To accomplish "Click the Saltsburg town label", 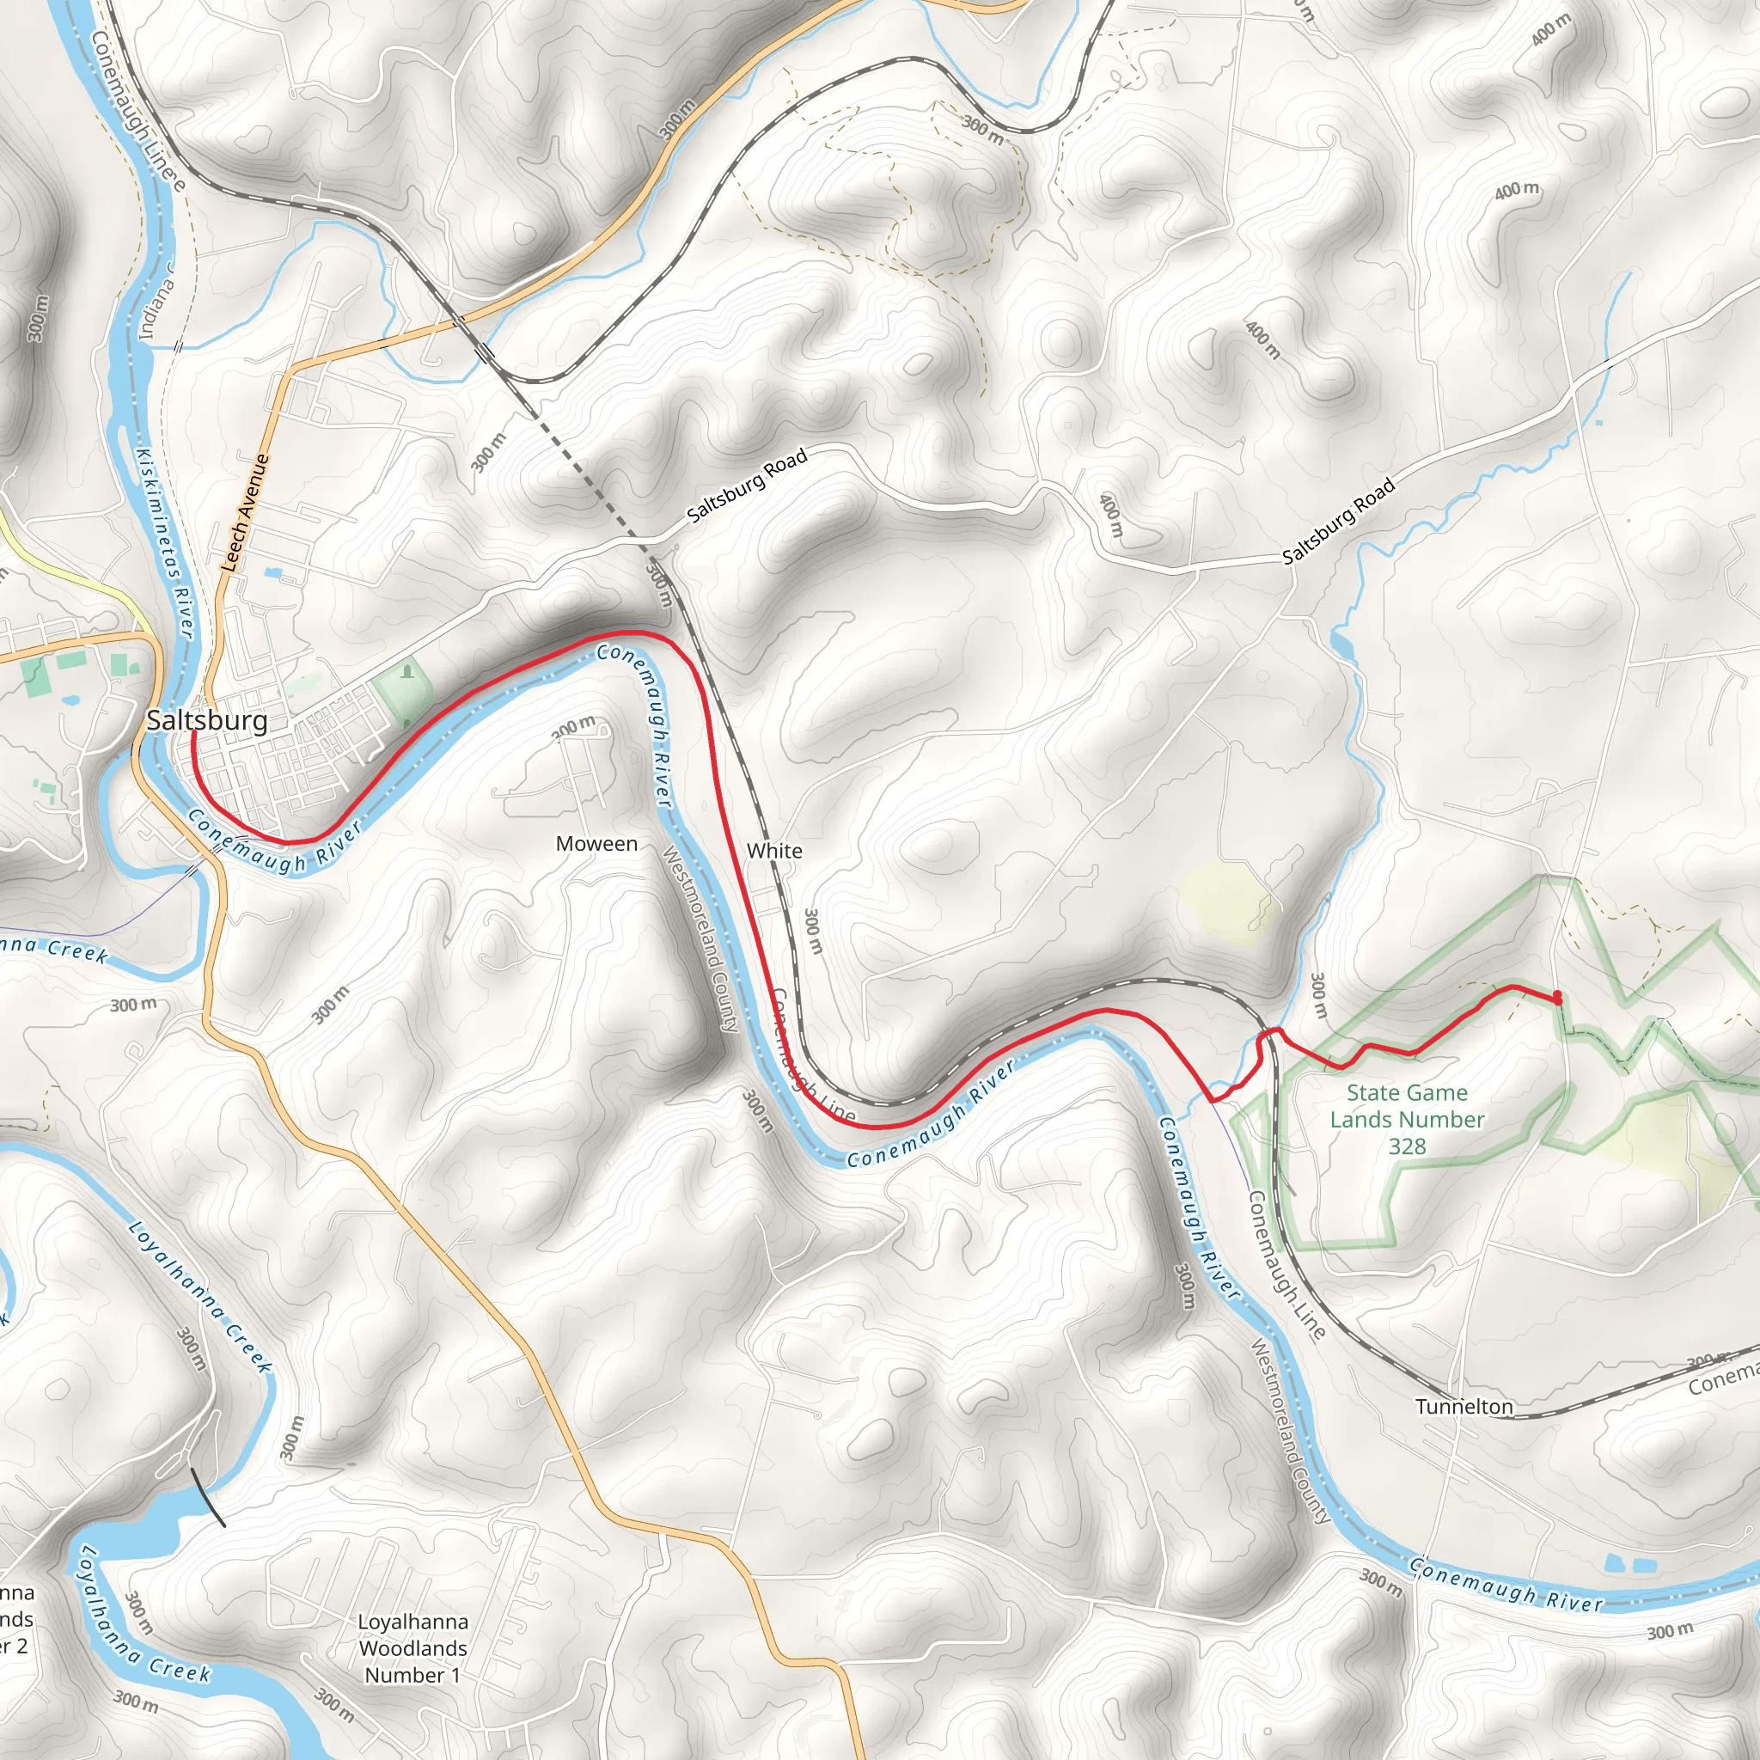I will click(207, 720).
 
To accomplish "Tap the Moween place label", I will click(596, 844).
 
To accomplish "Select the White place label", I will click(774, 851).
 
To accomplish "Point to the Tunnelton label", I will click(1464, 1407).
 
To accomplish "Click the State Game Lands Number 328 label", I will click(1407, 1119).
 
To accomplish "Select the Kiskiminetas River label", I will click(165, 542).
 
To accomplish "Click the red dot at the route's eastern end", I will click(1557, 997).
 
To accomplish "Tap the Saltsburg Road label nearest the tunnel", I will click(747, 485).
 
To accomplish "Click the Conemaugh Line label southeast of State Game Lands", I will click(1286, 1265).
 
